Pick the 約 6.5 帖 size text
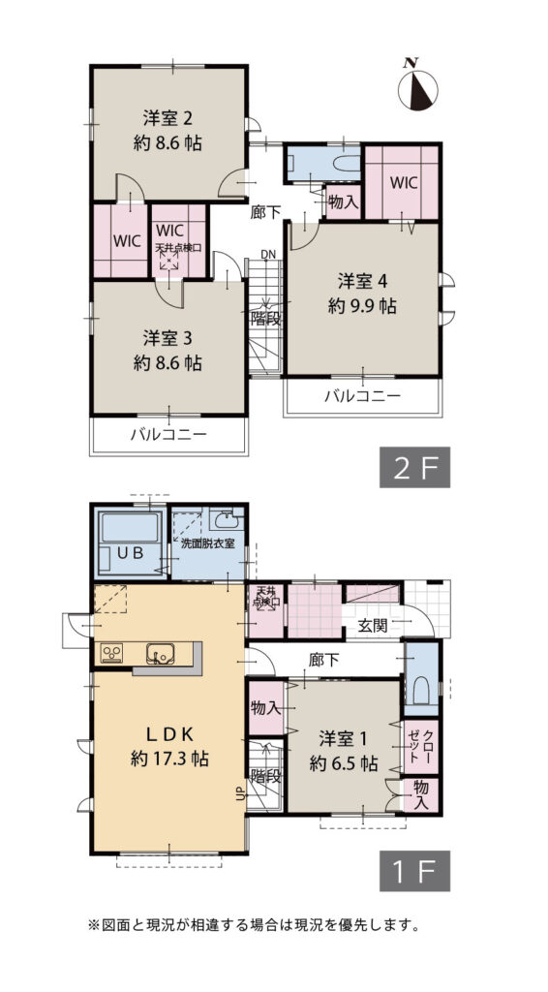click(x=344, y=762)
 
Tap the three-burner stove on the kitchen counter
click(x=112, y=654)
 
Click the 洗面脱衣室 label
click(x=207, y=542)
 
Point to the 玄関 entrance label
click(x=372, y=625)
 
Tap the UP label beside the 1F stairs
click(x=240, y=795)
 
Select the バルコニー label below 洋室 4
click(x=362, y=395)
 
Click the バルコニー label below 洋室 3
click(x=168, y=435)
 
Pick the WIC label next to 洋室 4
click(x=405, y=182)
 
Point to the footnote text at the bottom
click(x=254, y=925)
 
